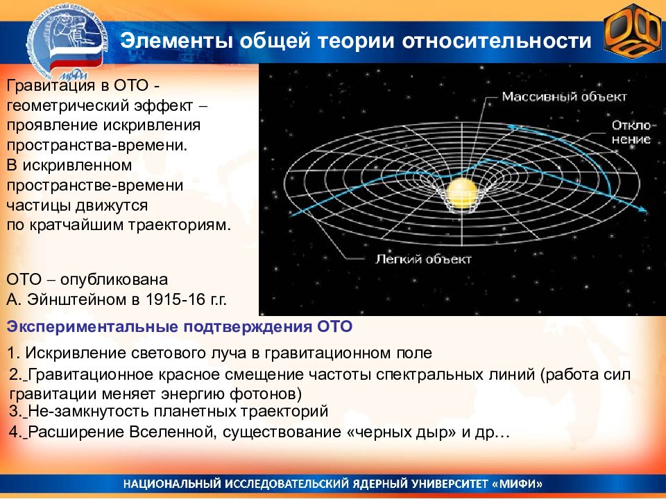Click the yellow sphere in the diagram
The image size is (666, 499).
[x=462, y=193]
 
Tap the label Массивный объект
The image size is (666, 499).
[x=565, y=97]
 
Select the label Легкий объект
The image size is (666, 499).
[x=423, y=259]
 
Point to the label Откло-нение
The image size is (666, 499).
[x=631, y=132]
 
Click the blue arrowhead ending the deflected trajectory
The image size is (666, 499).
[x=643, y=209]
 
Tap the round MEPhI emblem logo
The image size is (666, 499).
[x=67, y=42]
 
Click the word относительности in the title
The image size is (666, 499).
[x=497, y=41]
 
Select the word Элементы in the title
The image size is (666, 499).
[x=176, y=41]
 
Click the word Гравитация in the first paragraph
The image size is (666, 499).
[x=49, y=85]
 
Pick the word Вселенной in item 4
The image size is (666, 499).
[x=173, y=432]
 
